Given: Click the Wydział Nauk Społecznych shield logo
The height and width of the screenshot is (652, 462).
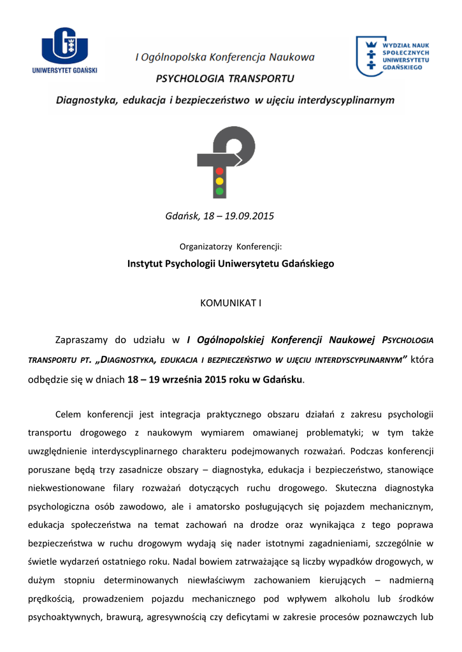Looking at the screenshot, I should [368, 55].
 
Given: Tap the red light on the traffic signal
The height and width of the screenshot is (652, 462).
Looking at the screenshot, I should [220, 171].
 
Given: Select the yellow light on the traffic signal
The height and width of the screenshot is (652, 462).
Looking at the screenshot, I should [220, 181].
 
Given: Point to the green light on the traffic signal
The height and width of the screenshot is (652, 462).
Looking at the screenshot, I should [220, 190].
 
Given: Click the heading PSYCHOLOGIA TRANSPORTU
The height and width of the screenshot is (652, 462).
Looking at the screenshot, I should [225, 79].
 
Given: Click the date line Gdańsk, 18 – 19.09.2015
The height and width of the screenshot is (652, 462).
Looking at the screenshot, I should [219, 216].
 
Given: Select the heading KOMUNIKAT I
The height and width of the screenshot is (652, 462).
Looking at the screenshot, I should [231, 303].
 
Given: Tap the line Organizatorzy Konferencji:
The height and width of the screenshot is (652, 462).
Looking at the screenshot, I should [231, 246].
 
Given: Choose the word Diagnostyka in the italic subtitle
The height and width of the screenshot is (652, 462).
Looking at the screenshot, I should [87, 100].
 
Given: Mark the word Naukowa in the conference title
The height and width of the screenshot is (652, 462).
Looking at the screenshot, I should [291, 58].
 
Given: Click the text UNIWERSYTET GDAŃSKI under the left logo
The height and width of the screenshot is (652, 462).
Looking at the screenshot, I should [64, 71].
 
